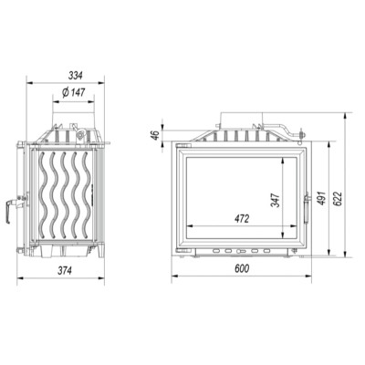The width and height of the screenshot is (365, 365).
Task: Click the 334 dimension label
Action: click(x=75, y=76)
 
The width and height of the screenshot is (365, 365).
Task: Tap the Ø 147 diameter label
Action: click(x=74, y=92)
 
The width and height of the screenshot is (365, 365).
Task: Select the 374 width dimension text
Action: click(x=65, y=270)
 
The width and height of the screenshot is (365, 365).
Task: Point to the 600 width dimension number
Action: click(x=242, y=268)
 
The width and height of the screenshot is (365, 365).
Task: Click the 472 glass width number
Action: click(x=242, y=218)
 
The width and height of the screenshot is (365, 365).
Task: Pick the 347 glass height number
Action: click(x=276, y=200)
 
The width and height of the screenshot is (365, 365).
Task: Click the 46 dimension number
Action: click(x=155, y=135)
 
